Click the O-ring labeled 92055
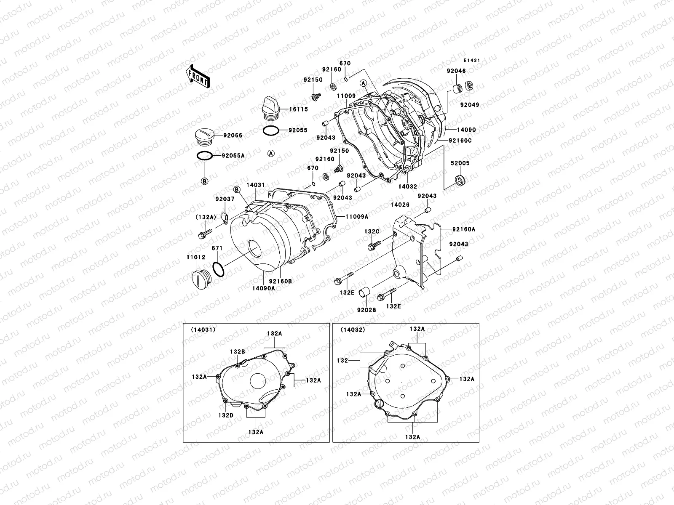pyautogui.click(x=270, y=131)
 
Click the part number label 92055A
pyautogui.click(x=233, y=156)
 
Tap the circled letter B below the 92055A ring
pyautogui.click(x=205, y=181)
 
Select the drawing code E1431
pyautogui.click(x=472, y=61)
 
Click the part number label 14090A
pyautogui.click(x=264, y=288)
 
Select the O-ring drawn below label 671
pyautogui.click(x=218, y=269)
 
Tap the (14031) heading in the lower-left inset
pyautogui.click(x=203, y=330)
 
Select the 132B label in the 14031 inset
pyautogui.click(x=237, y=351)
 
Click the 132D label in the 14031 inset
pyautogui.click(x=226, y=415)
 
